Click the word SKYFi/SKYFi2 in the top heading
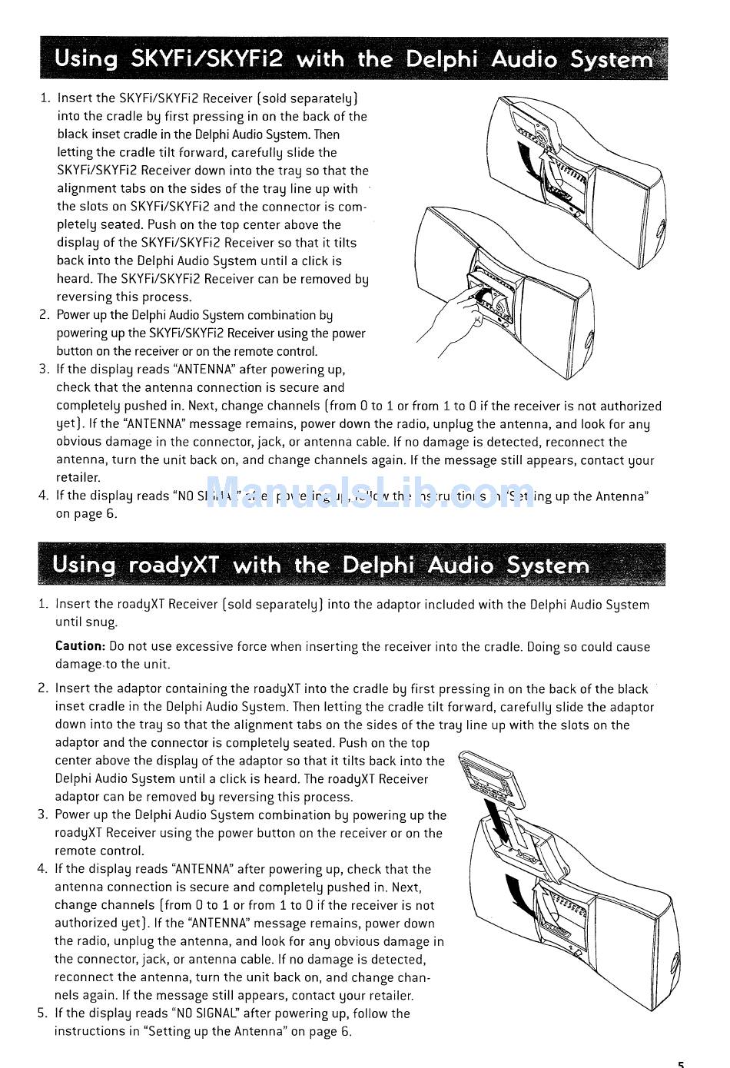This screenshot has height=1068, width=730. point(207,59)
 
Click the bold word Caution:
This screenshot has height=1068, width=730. point(80,647)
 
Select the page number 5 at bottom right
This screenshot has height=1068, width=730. point(681,1063)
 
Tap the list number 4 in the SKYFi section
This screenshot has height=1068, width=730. point(43,496)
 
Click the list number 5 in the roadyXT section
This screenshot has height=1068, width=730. point(42,1013)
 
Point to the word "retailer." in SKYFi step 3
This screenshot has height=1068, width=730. point(78,478)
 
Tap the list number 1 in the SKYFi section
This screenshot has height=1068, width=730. point(45,98)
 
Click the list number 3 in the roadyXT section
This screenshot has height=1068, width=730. point(42,815)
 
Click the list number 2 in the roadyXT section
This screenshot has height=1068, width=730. point(43,689)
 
